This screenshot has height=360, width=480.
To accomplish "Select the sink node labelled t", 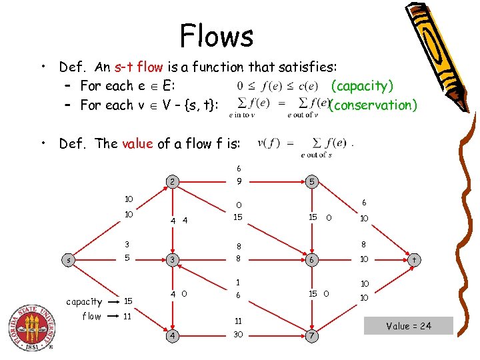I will (414, 259).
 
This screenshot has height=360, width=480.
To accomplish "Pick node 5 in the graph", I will (311, 181).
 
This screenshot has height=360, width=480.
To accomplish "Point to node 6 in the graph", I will (311, 259).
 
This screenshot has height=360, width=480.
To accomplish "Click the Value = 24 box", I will (409, 326).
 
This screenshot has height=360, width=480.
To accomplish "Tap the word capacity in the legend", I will (84, 302).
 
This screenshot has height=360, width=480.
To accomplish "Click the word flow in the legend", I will (91, 317).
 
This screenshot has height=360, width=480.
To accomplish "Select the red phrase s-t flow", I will (138, 67).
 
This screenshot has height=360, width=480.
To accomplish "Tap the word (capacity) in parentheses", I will (362, 85).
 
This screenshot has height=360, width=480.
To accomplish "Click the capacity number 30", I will (237, 335).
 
